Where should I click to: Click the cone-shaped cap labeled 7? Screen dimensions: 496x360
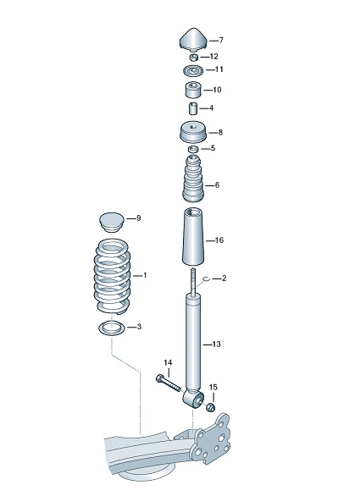coord(193,40)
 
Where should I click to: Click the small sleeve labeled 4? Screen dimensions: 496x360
coord(193,108)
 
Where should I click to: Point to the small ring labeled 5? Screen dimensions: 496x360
coord(193,149)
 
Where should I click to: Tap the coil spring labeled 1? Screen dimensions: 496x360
coord(111,275)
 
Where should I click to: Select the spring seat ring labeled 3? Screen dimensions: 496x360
coord(111,327)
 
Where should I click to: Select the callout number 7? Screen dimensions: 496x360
coord(220,40)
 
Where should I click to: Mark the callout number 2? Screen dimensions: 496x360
coord(224,278)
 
